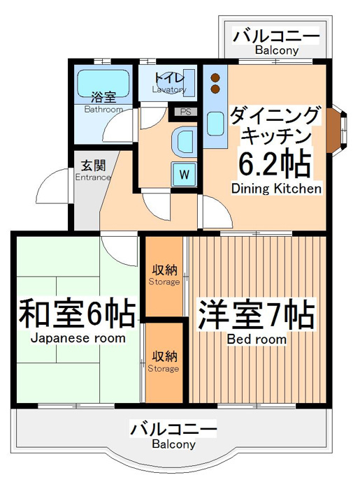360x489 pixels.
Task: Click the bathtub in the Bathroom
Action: tap(103, 83)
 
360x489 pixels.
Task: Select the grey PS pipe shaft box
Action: tap(185, 112)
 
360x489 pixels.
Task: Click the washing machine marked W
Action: tap(184, 174)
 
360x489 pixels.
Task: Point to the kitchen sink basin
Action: tap(215, 124)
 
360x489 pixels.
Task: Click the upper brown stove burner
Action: tap(215, 78)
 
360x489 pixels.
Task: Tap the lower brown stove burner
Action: tap(215, 89)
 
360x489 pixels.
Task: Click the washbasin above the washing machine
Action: tap(185, 142)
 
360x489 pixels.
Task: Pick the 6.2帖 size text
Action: tap(275, 164)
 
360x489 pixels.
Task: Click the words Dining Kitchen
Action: tap(276, 189)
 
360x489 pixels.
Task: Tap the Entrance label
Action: tap(93, 177)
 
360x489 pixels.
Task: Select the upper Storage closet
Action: tap(164, 277)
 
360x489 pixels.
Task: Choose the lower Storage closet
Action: tap(164, 363)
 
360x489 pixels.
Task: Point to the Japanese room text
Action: tap(78, 338)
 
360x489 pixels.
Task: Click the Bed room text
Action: tap(257, 339)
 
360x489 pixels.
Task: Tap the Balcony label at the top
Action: tap(277, 50)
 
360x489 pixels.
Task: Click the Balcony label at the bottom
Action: tap(174, 444)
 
